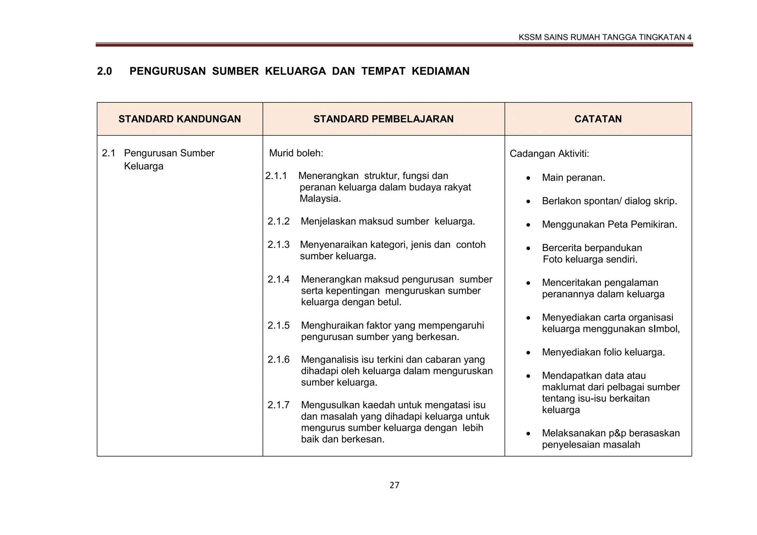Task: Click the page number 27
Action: pyautogui.click(x=394, y=485)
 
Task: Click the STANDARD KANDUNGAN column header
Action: pyautogui.click(x=180, y=119)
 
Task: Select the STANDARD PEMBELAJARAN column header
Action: pyautogui.click(x=383, y=119)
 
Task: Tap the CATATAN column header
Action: pyautogui.click(x=598, y=119)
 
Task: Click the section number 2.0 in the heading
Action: pyautogui.click(x=104, y=71)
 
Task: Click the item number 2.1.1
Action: pyautogui.click(x=276, y=176)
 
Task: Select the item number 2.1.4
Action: pyautogui.click(x=278, y=280)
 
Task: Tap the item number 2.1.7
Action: pyautogui.click(x=278, y=405)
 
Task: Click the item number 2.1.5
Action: pyautogui.click(x=278, y=326)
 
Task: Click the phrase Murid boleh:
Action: pyautogui.click(x=296, y=153)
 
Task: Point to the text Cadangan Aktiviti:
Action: pyautogui.click(x=549, y=154)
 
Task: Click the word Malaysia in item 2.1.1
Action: pyautogui.click(x=319, y=199)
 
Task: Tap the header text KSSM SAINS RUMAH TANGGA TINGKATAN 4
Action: pyautogui.click(x=605, y=37)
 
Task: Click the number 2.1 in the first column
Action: pyautogui.click(x=108, y=153)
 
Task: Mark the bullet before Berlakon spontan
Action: pyautogui.click(x=529, y=202)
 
